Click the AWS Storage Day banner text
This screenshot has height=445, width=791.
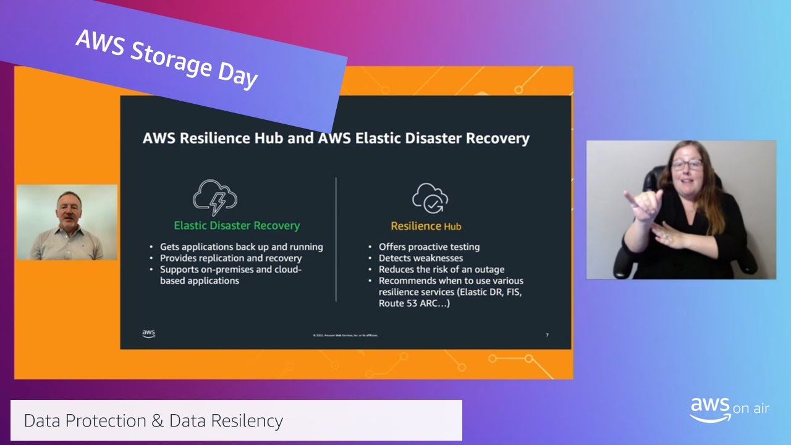166,59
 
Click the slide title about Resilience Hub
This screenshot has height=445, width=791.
336,138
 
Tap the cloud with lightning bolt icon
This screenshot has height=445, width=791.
215,197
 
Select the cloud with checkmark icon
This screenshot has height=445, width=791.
430,198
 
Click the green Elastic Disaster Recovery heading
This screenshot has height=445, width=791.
237,226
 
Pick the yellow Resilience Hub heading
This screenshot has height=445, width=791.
426,226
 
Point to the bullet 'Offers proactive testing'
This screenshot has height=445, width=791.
429,247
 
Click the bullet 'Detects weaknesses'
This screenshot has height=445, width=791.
420,258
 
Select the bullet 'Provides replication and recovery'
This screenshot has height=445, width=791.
231,258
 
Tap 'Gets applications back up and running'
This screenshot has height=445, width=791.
241,247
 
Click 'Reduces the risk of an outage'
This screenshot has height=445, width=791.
441,269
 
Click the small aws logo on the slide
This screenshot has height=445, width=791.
149,334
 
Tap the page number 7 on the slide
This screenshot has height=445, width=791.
547,335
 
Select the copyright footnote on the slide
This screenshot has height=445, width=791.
345,335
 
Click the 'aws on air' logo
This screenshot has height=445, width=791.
729,409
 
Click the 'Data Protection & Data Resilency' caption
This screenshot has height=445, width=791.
153,421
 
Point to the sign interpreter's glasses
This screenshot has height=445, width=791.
687,165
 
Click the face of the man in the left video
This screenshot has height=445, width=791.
67,208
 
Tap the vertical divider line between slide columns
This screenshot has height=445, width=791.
336,239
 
